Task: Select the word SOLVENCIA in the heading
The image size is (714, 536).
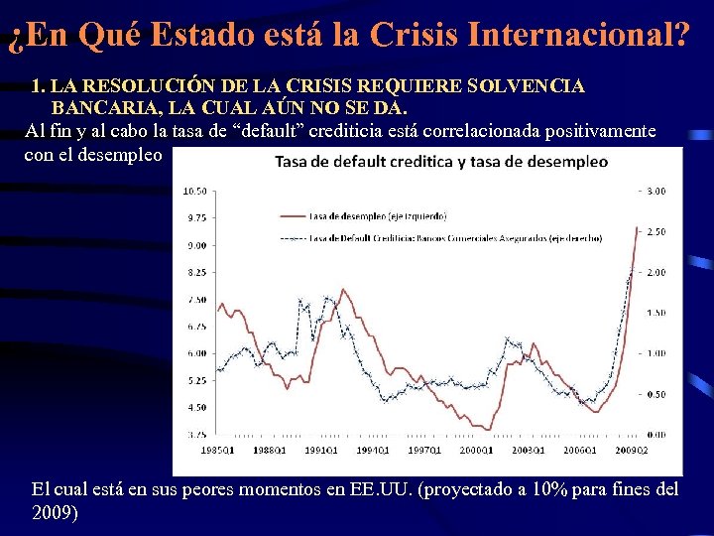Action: (x=525, y=86)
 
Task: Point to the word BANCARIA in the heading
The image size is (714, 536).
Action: (x=99, y=107)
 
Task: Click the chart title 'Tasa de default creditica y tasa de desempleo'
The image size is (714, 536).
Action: (x=440, y=162)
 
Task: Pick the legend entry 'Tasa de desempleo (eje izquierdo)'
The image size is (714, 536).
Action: (x=377, y=215)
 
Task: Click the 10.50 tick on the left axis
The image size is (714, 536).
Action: (x=195, y=191)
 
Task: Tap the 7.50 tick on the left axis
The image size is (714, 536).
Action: (x=195, y=299)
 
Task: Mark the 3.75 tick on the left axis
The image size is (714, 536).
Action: (x=195, y=434)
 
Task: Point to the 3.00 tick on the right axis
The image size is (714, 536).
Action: (x=655, y=191)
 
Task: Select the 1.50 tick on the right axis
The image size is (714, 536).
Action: (x=655, y=313)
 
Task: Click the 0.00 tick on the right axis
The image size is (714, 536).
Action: (x=655, y=435)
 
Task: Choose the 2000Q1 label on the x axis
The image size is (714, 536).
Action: (x=475, y=451)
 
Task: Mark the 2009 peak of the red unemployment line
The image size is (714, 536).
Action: (x=638, y=228)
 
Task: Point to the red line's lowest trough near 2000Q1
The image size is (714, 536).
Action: (x=488, y=429)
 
